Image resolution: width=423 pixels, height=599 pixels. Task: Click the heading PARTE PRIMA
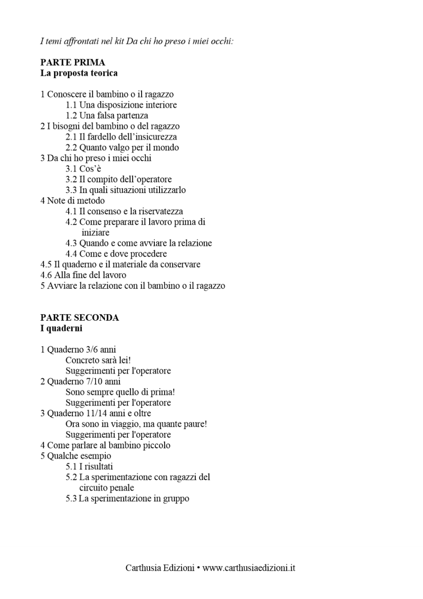point(72,63)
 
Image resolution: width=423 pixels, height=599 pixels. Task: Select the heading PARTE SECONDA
point(80,318)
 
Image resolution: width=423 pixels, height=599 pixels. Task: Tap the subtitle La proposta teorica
point(79,73)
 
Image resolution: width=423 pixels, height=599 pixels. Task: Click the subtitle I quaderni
point(61,329)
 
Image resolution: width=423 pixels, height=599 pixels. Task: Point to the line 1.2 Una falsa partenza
point(107,115)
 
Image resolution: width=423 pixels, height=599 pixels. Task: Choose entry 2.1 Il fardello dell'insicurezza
point(121,137)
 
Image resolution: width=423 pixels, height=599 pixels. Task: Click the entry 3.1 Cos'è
point(83,169)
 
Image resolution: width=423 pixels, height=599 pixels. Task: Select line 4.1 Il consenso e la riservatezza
point(124,211)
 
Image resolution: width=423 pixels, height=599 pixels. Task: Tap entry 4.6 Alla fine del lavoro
point(83,275)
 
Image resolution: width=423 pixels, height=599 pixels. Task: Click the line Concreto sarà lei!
point(98,360)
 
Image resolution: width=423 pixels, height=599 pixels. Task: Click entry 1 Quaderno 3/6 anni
point(78,350)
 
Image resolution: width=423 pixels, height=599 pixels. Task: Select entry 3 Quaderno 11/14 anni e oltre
point(96,413)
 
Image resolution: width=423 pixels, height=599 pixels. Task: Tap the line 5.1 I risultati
point(89,467)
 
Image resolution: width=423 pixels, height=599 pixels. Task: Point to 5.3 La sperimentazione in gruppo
point(127,498)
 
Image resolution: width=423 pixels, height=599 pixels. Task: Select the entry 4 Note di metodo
point(72,201)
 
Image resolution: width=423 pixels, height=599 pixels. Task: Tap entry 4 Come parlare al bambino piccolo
point(105,445)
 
